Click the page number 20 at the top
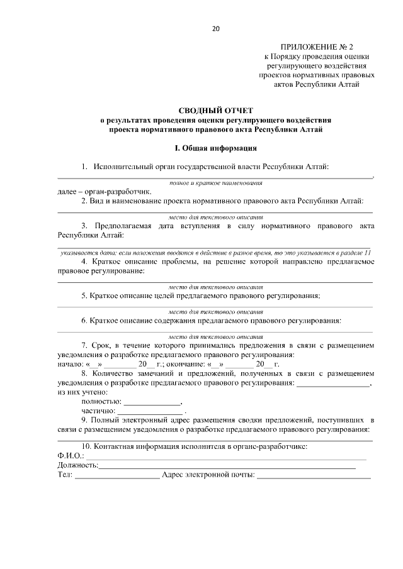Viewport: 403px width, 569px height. point(215,28)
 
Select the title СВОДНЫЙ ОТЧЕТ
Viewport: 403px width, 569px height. point(215,109)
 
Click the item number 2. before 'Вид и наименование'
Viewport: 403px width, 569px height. point(85,201)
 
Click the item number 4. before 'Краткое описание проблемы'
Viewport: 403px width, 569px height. point(85,261)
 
